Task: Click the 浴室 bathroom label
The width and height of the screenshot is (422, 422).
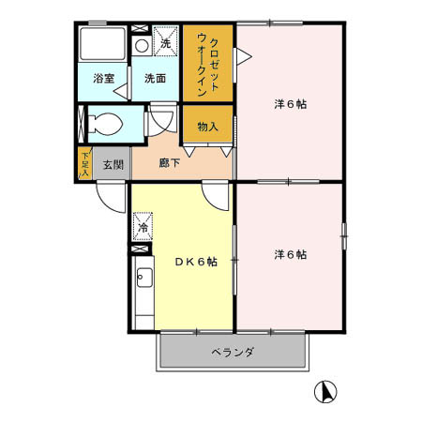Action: tap(103, 79)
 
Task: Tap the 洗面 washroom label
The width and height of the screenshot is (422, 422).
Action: tap(155, 79)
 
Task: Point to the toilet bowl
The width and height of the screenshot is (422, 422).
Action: tap(106, 123)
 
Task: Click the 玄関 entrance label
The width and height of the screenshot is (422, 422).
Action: tap(113, 165)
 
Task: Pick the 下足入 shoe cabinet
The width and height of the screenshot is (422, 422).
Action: tap(84, 163)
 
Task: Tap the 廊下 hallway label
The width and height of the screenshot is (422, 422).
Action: tap(170, 163)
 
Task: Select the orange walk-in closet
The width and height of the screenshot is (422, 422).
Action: tap(207, 64)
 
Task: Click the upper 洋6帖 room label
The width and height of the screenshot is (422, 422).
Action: tap(289, 104)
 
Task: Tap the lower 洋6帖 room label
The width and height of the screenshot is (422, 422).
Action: tap(289, 254)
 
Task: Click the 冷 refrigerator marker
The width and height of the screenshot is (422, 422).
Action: tap(143, 227)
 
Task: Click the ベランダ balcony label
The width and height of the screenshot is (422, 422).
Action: tap(232, 353)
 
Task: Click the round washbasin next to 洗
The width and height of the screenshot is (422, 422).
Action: tap(142, 44)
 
